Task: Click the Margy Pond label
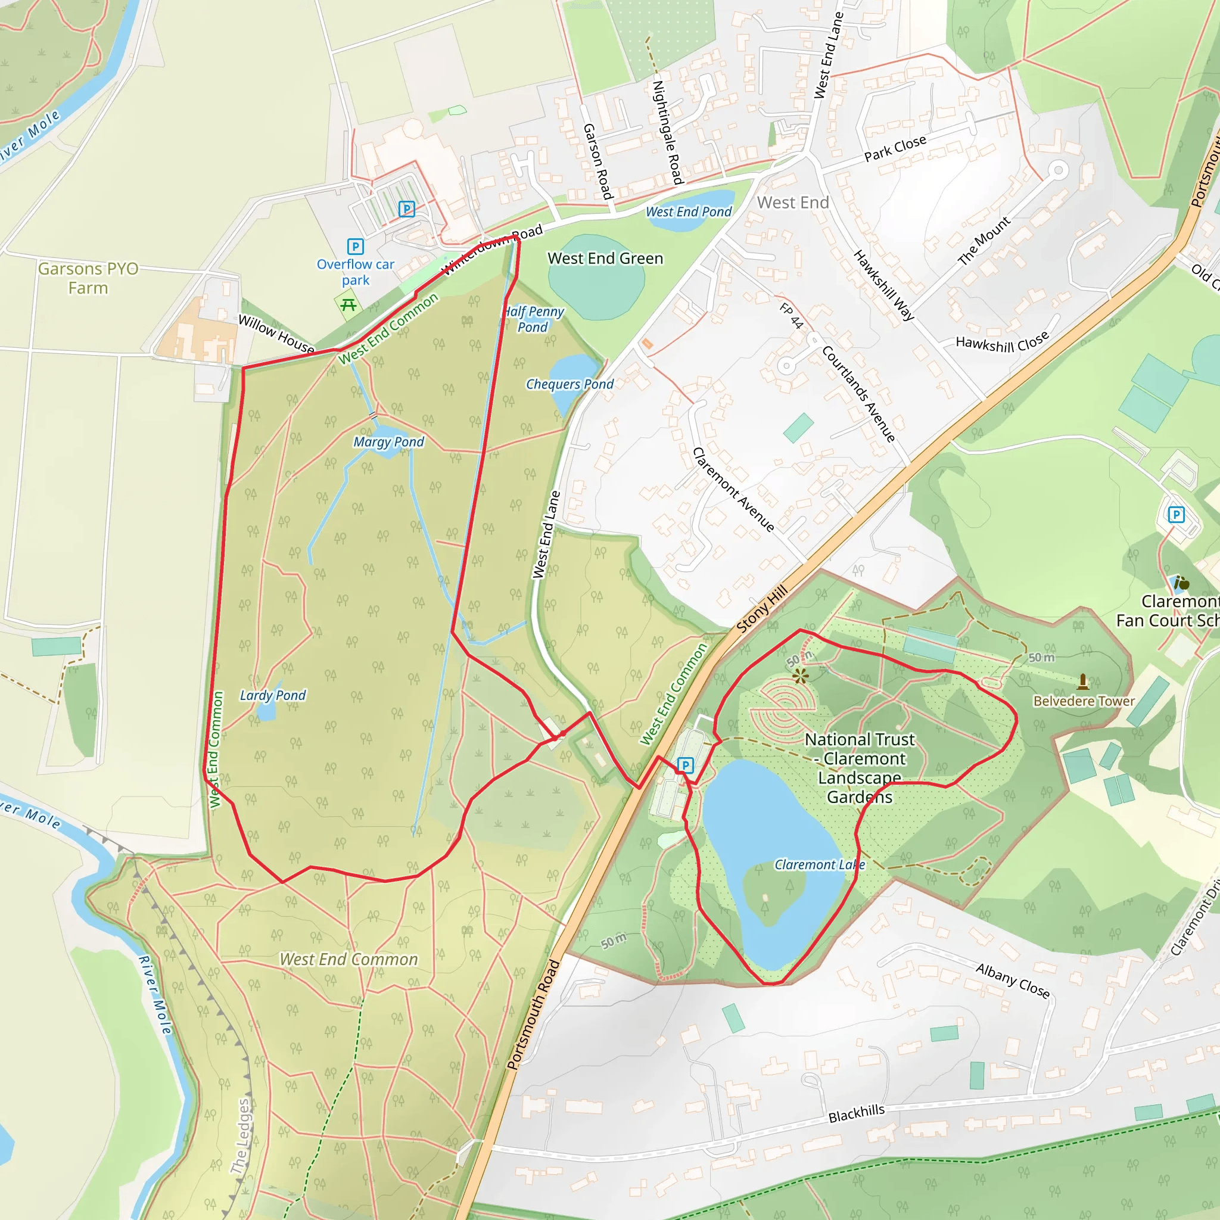pos(388,442)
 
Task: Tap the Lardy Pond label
pos(272,695)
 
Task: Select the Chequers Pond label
pos(569,384)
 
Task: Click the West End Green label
pos(605,259)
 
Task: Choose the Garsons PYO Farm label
pos(88,278)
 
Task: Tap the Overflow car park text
pos(356,272)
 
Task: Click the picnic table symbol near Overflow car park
pos(348,306)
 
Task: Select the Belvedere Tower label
pos(1084,701)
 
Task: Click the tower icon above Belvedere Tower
pos(1083,681)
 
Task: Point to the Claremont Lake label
pos(820,864)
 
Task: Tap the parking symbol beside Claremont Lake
pos(685,765)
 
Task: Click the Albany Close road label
pos(1012,980)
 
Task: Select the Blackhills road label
pos(856,1114)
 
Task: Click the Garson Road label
pos(597,161)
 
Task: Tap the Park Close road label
pos(895,148)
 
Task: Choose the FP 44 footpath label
pos(790,316)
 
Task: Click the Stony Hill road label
pos(762,609)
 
